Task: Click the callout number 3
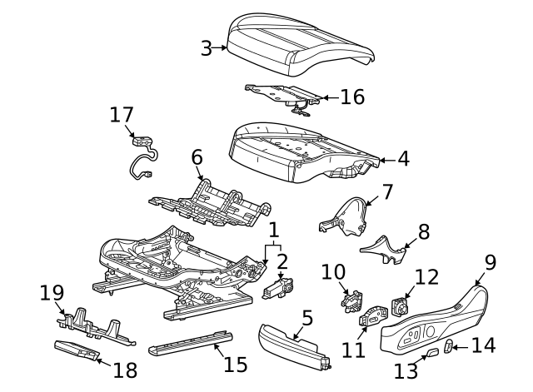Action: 207,48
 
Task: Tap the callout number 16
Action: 352,97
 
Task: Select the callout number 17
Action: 122,114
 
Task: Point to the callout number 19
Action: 52,292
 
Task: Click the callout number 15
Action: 236,364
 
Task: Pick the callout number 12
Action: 426,277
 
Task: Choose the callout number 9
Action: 491,262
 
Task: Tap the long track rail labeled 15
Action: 190,343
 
